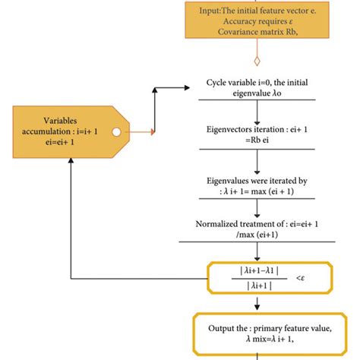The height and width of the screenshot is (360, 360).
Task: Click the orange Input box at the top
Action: click(x=258, y=21)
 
